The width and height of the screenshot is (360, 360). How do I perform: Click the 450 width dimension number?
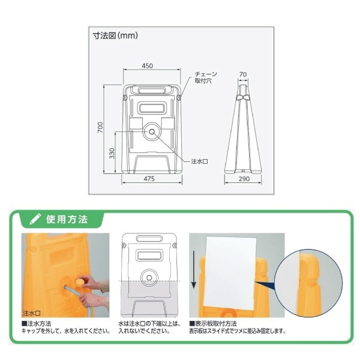click(147, 66)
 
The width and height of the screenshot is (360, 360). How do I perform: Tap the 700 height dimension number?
click(100, 127)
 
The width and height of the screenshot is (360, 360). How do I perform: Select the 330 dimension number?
click(112, 153)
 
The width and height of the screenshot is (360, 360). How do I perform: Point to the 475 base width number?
click(149, 179)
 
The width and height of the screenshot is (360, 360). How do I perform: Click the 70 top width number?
click(242, 74)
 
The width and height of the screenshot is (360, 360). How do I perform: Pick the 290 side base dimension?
click(244, 179)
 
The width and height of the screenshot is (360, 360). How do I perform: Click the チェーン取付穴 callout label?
click(206, 77)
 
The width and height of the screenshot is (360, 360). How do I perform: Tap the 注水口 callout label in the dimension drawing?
click(200, 161)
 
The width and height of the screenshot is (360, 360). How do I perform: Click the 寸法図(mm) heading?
click(115, 35)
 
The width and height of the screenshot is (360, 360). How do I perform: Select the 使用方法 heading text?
click(67, 219)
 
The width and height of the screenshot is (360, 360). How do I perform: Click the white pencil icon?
click(35, 219)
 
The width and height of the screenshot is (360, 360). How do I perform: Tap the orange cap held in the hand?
click(80, 282)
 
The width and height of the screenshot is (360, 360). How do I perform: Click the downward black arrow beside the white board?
click(194, 269)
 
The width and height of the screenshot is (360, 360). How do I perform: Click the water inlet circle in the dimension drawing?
click(152, 131)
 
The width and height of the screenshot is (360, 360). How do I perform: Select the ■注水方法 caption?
click(36, 324)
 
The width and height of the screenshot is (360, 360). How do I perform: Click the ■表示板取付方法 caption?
click(213, 324)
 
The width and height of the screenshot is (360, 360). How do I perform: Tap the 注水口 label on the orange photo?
click(32, 313)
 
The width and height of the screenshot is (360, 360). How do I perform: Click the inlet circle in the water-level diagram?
click(149, 278)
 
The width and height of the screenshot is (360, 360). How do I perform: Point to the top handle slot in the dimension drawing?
click(152, 90)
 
